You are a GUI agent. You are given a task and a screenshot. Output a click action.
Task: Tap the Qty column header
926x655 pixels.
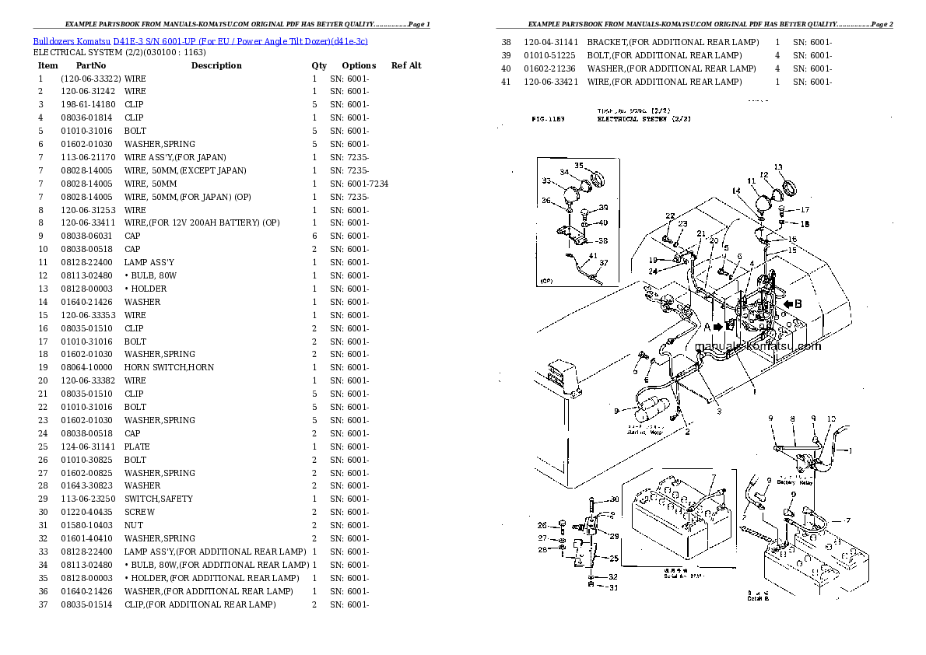coord(319,66)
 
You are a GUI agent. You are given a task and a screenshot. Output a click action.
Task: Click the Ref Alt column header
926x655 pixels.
coord(405,66)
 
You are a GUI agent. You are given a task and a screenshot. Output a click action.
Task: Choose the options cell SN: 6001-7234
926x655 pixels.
coord(359,184)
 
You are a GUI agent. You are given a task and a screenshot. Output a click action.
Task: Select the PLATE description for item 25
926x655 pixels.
coord(136,447)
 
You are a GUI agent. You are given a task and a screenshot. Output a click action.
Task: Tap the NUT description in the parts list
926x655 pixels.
coord(133,525)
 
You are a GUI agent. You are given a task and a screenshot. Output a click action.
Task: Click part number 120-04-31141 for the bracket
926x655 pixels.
coord(550,42)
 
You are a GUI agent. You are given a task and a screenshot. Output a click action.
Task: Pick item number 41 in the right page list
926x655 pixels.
coord(506,82)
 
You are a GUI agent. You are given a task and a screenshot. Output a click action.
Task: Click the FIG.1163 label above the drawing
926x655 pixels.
coord(548,120)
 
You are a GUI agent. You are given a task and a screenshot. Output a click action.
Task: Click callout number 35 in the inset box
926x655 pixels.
coord(579,166)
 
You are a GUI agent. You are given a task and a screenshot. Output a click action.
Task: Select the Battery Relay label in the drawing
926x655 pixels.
coord(794,482)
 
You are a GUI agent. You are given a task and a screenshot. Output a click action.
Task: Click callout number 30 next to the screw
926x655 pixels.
coord(614,499)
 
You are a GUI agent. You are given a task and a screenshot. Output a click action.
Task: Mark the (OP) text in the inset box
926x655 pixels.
coord(546,280)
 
